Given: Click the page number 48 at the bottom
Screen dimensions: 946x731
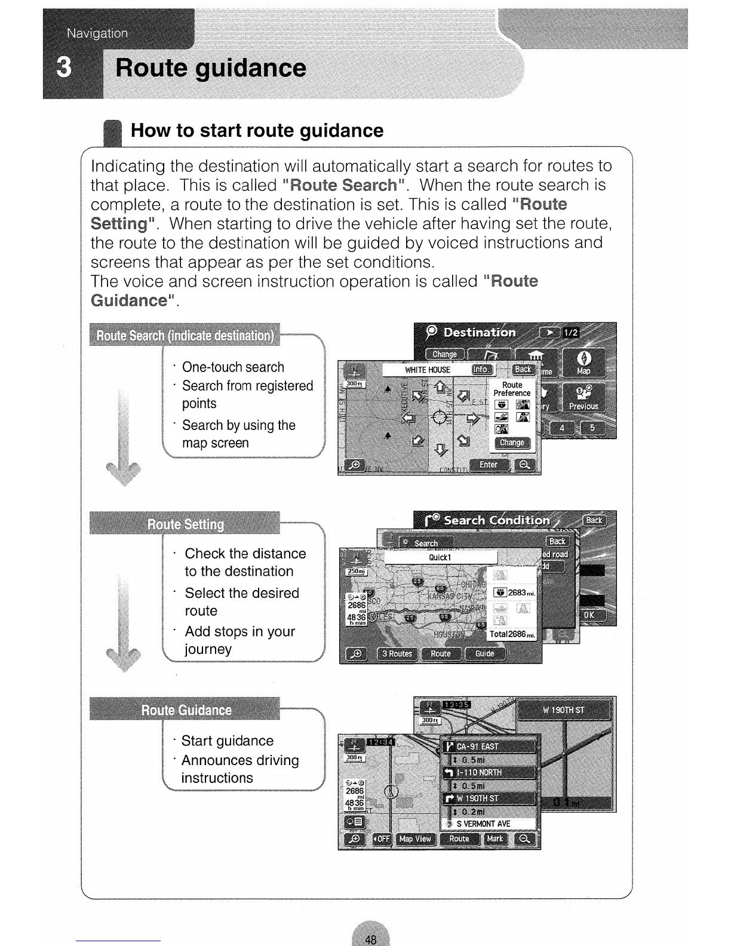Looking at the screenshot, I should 370,939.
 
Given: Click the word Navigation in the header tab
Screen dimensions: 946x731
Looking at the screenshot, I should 97,33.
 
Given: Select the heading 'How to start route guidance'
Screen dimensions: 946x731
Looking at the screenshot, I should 257,131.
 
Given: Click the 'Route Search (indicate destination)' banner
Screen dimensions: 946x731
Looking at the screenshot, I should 185,335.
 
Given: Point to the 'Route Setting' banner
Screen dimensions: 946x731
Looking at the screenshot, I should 185,524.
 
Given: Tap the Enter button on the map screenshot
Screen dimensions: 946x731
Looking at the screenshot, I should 489,465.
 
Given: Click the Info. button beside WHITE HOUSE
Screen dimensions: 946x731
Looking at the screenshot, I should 481,370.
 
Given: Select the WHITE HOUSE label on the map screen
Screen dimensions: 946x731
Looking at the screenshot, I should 428,370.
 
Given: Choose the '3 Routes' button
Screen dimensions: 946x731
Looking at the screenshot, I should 397,653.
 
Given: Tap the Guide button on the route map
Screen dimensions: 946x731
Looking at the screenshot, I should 484,653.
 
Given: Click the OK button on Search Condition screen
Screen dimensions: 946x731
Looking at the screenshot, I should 589,615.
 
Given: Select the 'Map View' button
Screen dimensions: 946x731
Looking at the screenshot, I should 415,839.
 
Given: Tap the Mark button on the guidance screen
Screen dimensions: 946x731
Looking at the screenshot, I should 494,839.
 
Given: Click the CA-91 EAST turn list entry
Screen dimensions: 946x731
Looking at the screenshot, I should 489,747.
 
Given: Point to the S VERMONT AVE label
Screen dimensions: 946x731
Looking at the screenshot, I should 483,824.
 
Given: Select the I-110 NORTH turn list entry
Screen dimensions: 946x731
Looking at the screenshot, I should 489,773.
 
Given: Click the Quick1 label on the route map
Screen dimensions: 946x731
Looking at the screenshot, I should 440,557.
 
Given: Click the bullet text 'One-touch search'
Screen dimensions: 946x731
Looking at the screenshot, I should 233,367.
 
